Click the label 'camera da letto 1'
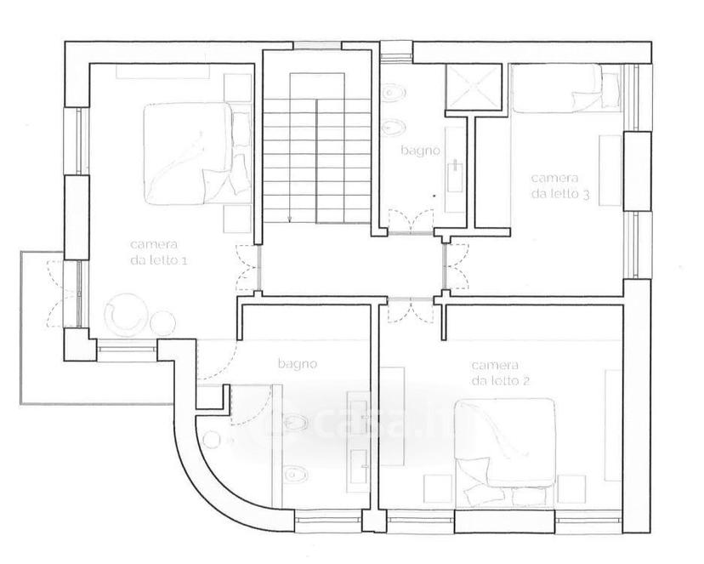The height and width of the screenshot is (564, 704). pos(158,253)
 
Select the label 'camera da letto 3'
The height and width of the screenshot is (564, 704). pos(559,185)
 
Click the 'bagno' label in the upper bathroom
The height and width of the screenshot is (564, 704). pos(420,151)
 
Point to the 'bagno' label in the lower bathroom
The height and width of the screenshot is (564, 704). pos(298,363)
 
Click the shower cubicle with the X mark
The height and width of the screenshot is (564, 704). pos(474,88)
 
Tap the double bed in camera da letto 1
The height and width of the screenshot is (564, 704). pos(196,154)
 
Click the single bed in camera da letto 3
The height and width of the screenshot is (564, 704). pos(565,88)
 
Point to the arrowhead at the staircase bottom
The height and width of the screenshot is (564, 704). pos(290,219)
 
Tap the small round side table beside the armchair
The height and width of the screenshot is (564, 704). pos(163,322)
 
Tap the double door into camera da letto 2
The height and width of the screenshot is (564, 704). pos(411,310)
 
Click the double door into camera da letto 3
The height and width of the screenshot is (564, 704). pos(455,266)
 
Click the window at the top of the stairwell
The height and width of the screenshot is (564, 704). pos(317,45)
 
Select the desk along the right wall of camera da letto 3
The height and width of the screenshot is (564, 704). pos(610,171)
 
